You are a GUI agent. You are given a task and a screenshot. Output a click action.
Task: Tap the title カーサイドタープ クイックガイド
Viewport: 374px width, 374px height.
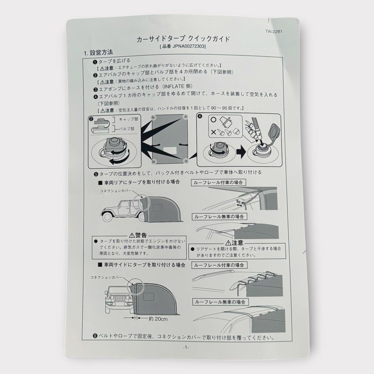(183, 39)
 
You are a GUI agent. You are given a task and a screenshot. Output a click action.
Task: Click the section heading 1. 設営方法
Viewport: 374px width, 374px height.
(98, 53)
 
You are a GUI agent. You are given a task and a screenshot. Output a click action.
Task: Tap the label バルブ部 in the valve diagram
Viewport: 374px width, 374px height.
(126, 128)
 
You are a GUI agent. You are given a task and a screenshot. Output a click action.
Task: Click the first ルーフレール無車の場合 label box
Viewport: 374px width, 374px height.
(219, 216)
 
